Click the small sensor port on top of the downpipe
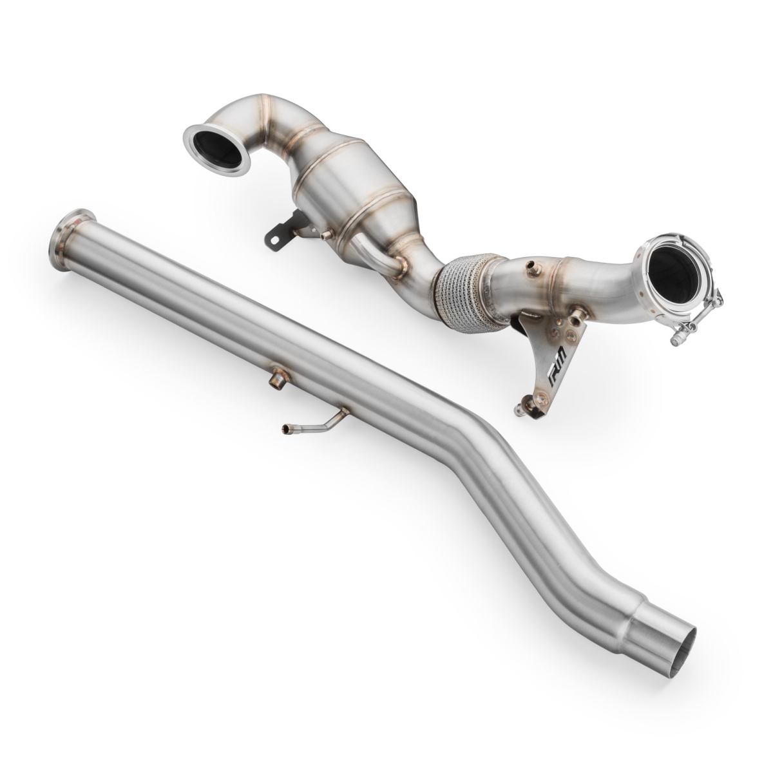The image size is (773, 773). click(532, 265)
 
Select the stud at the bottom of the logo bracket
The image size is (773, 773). click(519, 407)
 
